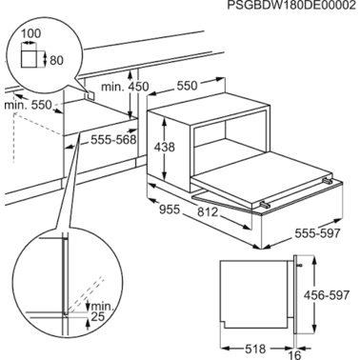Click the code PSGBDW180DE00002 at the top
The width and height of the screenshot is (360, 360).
point(291,6)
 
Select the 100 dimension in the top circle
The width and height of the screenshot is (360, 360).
point(30,33)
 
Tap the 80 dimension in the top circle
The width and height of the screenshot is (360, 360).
point(57,60)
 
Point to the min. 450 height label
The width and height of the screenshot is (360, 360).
point(125,87)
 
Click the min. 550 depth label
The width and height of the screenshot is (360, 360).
point(28,105)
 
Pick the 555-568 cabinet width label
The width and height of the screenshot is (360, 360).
point(113,139)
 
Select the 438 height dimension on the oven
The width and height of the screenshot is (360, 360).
point(165,147)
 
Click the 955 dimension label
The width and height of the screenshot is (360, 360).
point(170,210)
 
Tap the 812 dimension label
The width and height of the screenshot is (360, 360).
point(208,211)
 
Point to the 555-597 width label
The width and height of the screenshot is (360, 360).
point(317,233)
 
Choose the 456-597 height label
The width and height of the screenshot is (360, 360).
point(327,295)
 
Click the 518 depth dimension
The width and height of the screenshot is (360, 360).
point(255,349)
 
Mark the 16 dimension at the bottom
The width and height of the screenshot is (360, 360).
point(295,354)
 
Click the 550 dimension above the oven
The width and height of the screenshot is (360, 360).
point(187,86)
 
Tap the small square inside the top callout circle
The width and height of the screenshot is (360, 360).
point(29,59)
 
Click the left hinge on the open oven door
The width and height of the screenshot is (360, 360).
point(266,205)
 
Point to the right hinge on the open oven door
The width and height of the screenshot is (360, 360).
point(328,181)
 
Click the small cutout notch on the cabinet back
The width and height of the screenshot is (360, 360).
point(90,95)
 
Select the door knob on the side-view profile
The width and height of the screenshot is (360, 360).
point(299,265)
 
